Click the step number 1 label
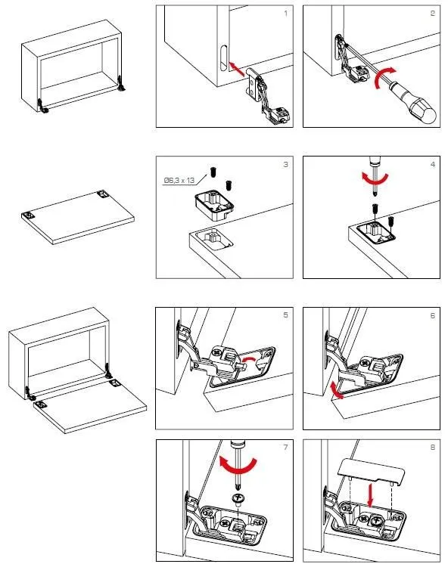(x=286, y=14)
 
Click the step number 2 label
(x=433, y=14)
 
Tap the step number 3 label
(x=285, y=164)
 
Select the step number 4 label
(x=433, y=164)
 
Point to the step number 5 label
(x=285, y=315)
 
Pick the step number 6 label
(x=433, y=315)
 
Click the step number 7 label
(x=285, y=447)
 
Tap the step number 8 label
(x=433, y=447)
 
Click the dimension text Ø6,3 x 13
(x=179, y=180)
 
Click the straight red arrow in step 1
(x=237, y=69)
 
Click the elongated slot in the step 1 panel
(x=223, y=57)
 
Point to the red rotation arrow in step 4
(x=375, y=178)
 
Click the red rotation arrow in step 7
(x=238, y=466)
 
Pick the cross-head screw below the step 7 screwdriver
(x=238, y=499)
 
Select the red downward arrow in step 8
(x=370, y=494)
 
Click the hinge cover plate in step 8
(x=372, y=472)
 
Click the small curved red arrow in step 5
(x=249, y=360)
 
